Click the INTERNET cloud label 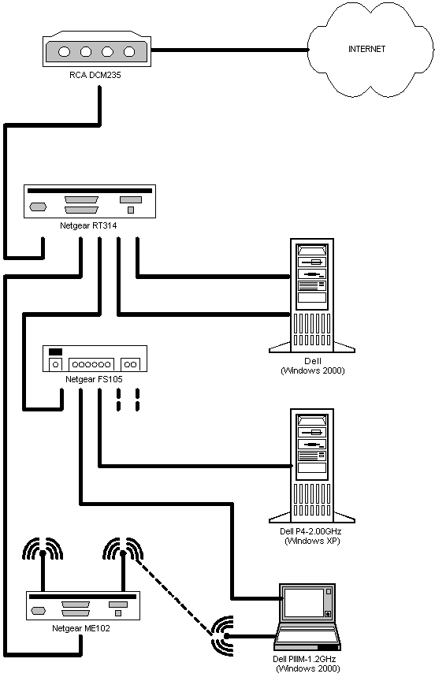click(x=366, y=49)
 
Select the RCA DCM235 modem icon click(x=97, y=49)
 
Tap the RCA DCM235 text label click(x=95, y=75)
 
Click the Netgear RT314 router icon click(x=89, y=202)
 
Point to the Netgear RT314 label click(x=88, y=226)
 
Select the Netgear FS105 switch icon click(x=95, y=359)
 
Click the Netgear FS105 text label click(x=94, y=379)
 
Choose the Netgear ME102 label click(x=80, y=628)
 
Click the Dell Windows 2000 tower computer click(x=312, y=296)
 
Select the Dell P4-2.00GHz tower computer click(x=312, y=466)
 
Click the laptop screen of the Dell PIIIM click(x=304, y=603)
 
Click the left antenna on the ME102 click(x=43, y=564)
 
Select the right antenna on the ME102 click(x=123, y=564)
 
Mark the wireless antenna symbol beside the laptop click(x=223, y=636)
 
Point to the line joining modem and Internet click(x=229, y=50)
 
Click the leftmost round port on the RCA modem click(x=65, y=52)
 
